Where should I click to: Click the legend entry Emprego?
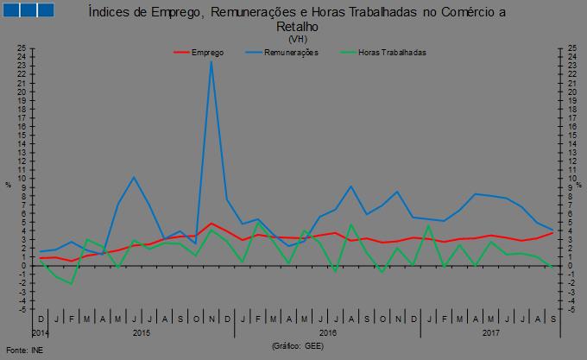[x=207, y=53]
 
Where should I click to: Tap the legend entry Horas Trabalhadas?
[x=392, y=53]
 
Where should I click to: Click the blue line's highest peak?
[x=211, y=61]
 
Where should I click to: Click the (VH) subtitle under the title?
[x=298, y=39]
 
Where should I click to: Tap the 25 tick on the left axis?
[x=20, y=48]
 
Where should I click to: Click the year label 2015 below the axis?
[x=143, y=332]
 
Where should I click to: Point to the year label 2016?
[x=328, y=332]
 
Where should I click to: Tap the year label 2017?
[x=491, y=332]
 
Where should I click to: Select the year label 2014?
[x=40, y=332]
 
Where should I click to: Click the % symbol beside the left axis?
[x=8, y=184]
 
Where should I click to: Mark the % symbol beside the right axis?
[x=580, y=184]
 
